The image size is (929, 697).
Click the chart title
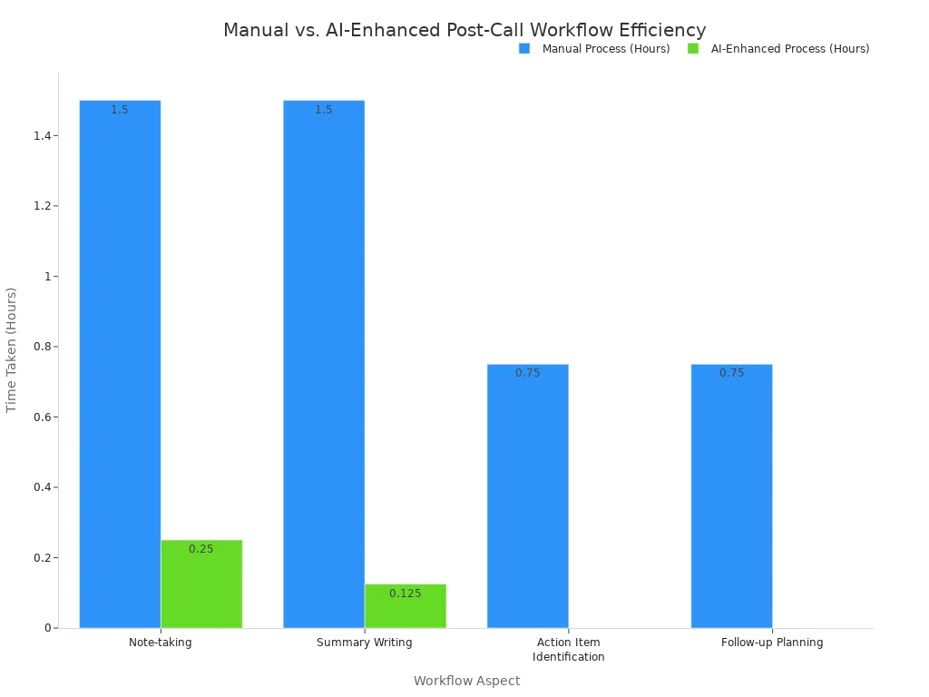tap(464, 30)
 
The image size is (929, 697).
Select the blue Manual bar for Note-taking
tap(120, 363)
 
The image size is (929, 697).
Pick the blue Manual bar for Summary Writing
tap(324, 363)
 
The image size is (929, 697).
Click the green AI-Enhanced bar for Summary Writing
tap(406, 605)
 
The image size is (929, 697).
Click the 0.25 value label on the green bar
tap(201, 549)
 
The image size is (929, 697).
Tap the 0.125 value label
tap(406, 594)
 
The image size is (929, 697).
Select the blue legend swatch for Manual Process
tap(524, 49)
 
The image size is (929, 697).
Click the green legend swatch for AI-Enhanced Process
tap(693, 49)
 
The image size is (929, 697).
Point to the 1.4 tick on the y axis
tap(42, 136)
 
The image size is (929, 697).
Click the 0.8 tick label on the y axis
tap(42, 347)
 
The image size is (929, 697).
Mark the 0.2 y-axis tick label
tap(42, 558)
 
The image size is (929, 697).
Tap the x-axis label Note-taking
tap(161, 643)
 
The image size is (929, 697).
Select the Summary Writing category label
tap(365, 643)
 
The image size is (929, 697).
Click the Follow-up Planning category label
tap(772, 643)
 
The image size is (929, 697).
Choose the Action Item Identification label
tap(569, 650)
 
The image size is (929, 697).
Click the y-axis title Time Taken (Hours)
tap(12, 349)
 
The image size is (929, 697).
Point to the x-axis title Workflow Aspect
tap(466, 681)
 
